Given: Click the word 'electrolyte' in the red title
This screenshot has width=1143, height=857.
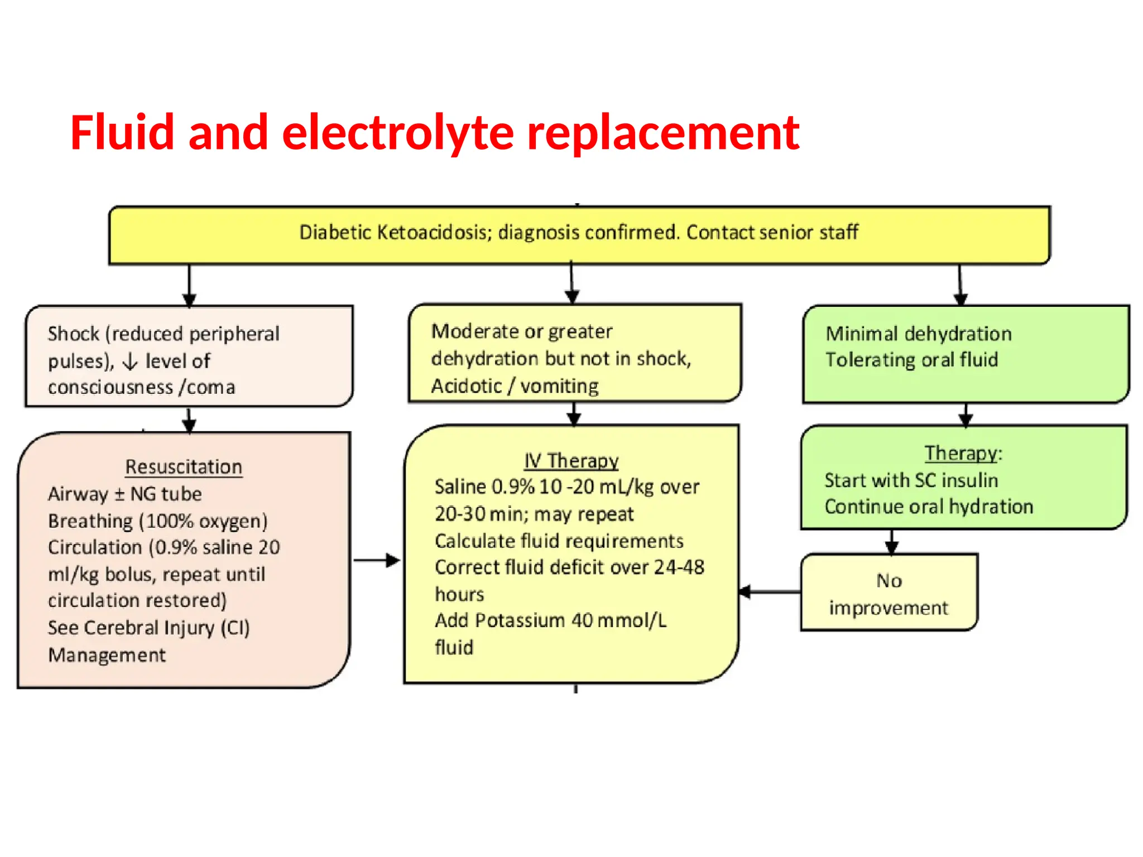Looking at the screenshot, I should [397, 133].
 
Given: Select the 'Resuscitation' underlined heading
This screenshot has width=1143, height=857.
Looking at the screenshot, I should [184, 466].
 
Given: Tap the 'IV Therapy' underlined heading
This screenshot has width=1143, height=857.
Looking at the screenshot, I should [571, 460].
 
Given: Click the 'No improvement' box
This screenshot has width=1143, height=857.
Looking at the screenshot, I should [889, 593].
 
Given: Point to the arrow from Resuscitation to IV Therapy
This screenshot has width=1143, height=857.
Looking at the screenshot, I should [377, 560].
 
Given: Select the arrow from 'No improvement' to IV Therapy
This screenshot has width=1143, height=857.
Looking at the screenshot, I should [770, 591].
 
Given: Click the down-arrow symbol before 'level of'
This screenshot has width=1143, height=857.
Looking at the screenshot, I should [129, 362].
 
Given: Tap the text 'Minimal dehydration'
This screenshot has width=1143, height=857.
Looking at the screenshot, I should [918, 334].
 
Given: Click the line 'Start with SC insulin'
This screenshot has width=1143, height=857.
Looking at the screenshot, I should [911, 480].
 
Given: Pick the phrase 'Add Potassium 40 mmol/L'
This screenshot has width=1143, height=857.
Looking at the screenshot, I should [550, 620].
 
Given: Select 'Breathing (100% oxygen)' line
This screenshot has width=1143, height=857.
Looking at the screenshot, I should [157, 521].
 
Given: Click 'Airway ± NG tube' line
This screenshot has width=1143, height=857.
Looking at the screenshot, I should [124, 494].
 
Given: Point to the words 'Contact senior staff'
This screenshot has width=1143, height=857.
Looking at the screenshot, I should [772, 232].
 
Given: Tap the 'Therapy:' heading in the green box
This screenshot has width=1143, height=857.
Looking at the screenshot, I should [963, 453].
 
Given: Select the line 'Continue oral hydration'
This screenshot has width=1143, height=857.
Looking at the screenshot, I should [929, 507].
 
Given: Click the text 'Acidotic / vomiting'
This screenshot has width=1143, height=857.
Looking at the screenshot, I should [515, 386].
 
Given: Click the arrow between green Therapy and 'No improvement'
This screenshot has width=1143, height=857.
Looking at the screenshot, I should [891, 541].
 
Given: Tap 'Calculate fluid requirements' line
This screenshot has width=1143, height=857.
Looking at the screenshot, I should [559, 541].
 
